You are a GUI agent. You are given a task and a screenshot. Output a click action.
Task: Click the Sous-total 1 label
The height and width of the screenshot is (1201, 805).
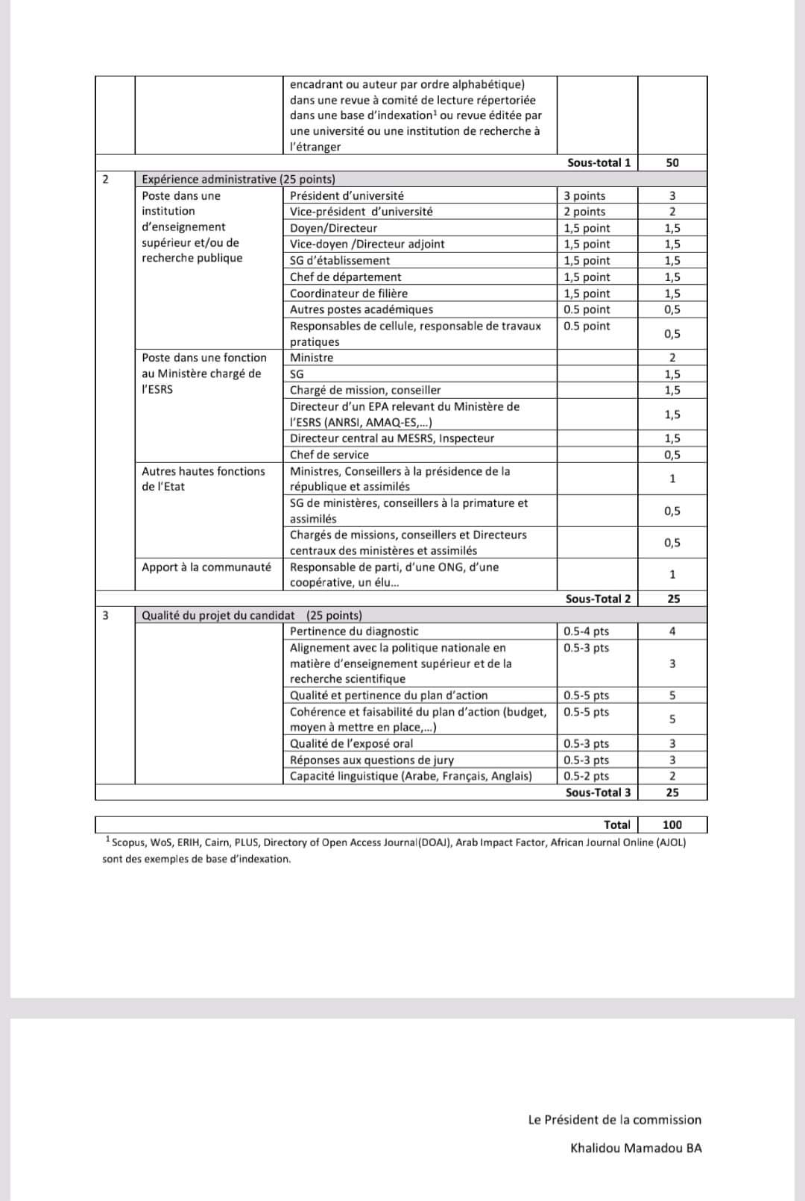(x=599, y=163)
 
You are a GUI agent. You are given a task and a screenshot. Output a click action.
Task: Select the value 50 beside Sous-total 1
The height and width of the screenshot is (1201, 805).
(x=672, y=163)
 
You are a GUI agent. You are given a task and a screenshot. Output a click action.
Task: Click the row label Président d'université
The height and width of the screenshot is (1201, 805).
(x=347, y=195)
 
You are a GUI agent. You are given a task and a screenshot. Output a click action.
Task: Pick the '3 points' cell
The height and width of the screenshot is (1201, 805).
(x=584, y=195)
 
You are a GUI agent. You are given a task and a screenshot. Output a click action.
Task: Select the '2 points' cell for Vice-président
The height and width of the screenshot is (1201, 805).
(x=584, y=212)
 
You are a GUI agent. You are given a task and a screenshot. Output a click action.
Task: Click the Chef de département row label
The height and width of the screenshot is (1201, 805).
(x=345, y=277)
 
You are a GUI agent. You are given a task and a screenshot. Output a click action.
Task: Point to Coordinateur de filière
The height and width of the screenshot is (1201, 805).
(x=349, y=294)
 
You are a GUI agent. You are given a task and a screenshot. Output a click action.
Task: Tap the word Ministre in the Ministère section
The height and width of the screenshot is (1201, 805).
(x=312, y=358)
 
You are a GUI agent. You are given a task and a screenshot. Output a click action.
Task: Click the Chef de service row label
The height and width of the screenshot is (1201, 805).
(x=329, y=455)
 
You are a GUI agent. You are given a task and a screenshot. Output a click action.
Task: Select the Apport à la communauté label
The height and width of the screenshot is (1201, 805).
(x=206, y=567)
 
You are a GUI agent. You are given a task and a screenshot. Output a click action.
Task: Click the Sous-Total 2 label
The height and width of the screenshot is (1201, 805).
(x=598, y=599)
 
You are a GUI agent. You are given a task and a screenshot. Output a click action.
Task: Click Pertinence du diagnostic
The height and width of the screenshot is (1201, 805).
(x=354, y=631)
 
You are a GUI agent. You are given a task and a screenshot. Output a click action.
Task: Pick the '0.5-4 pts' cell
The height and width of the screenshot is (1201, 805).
(x=586, y=631)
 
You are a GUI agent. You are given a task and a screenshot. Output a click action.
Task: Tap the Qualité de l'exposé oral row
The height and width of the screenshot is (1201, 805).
(x=351, y=743)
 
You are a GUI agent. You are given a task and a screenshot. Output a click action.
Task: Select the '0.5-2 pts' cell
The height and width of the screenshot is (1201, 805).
(x=586, y=776)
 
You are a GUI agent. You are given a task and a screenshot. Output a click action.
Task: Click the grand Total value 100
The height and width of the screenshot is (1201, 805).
(x=672, y=825)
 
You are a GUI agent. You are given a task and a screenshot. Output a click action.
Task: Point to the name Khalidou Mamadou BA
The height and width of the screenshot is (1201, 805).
(x=636, y=1148)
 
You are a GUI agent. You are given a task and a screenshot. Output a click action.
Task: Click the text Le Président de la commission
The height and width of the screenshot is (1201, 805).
(x=614, y=1120)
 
